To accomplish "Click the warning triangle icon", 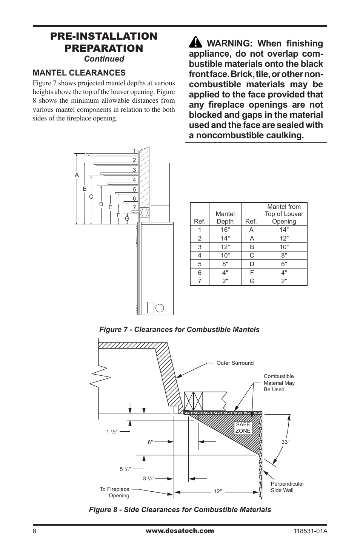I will (x=195, y=43).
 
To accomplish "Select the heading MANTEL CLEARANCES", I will (x=79, y=73).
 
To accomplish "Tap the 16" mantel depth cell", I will (x=225, y=230).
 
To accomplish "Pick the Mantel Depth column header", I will (x=225, y=218).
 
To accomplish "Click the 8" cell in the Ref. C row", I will (x=284, y=255).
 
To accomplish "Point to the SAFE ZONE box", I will (x=243, y=428).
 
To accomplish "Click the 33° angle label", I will (x=285, y=442).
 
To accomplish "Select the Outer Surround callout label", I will (x=235, y=363).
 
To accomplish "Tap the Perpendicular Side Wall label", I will (x=287, y=487).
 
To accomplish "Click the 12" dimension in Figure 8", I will (x=218, y=491).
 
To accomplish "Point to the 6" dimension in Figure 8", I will (x=151, y=442).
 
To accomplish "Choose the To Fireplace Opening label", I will (x=115, y=492).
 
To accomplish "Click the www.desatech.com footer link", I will (x=180, y=531).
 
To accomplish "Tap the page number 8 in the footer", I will (x=34, y=531).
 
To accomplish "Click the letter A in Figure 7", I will (x=77, y=175).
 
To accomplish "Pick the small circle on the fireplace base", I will (x=160, y=307).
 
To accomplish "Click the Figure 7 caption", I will (x=179, y=329).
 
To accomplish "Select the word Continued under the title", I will (x=104, y=59).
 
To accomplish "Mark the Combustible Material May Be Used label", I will (x=279, y=383).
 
